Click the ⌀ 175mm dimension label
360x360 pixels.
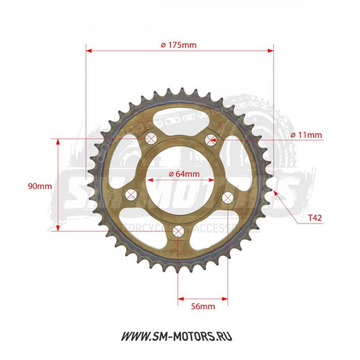tap(178, 44)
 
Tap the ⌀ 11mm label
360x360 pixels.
tap(306, 135)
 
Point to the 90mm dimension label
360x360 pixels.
tap(39, 186)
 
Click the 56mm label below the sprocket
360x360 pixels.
tap(202, 307)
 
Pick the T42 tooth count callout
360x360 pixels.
tap(313, 218)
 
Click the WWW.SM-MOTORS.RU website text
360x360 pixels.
tap(179, 336)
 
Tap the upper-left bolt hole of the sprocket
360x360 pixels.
tap(150, 138)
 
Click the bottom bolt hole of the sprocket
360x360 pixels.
tap(179, 232)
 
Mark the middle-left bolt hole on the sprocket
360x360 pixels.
tap(130, 196)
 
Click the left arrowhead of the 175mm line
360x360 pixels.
tap(89, 50)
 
